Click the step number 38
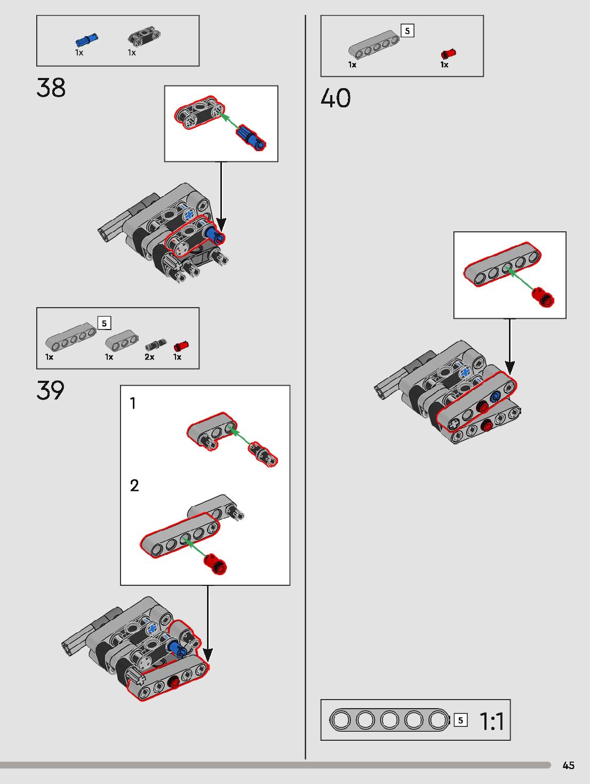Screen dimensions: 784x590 coord(51,88)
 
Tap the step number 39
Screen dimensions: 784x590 coord(51,391)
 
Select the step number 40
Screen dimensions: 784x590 coord(336,99)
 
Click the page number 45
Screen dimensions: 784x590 coord(569,765)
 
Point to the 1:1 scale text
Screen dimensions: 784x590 coord(492,722)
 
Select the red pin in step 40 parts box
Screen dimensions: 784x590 coord(449,54)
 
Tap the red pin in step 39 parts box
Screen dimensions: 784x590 coord(181,346)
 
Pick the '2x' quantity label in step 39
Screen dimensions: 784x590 coord(149,357)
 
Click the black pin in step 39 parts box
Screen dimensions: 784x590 coord(155,344)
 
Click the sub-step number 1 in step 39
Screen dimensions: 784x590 coord(133,403)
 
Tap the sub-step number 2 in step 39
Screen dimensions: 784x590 coord(134,485)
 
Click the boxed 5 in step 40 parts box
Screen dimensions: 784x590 coord(408,31)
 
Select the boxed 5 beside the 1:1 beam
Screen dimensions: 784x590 coord(460,720)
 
